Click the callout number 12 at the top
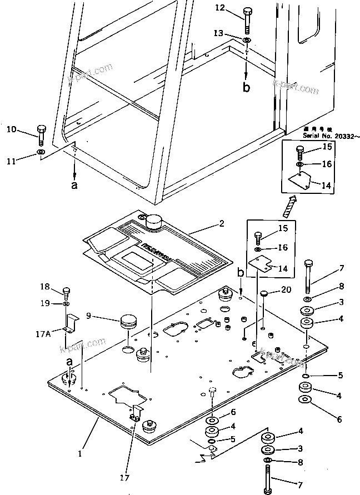220,7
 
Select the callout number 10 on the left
11,129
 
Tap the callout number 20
286,290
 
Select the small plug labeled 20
264,293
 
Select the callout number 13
219,34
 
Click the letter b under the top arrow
247,87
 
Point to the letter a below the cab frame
74,186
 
